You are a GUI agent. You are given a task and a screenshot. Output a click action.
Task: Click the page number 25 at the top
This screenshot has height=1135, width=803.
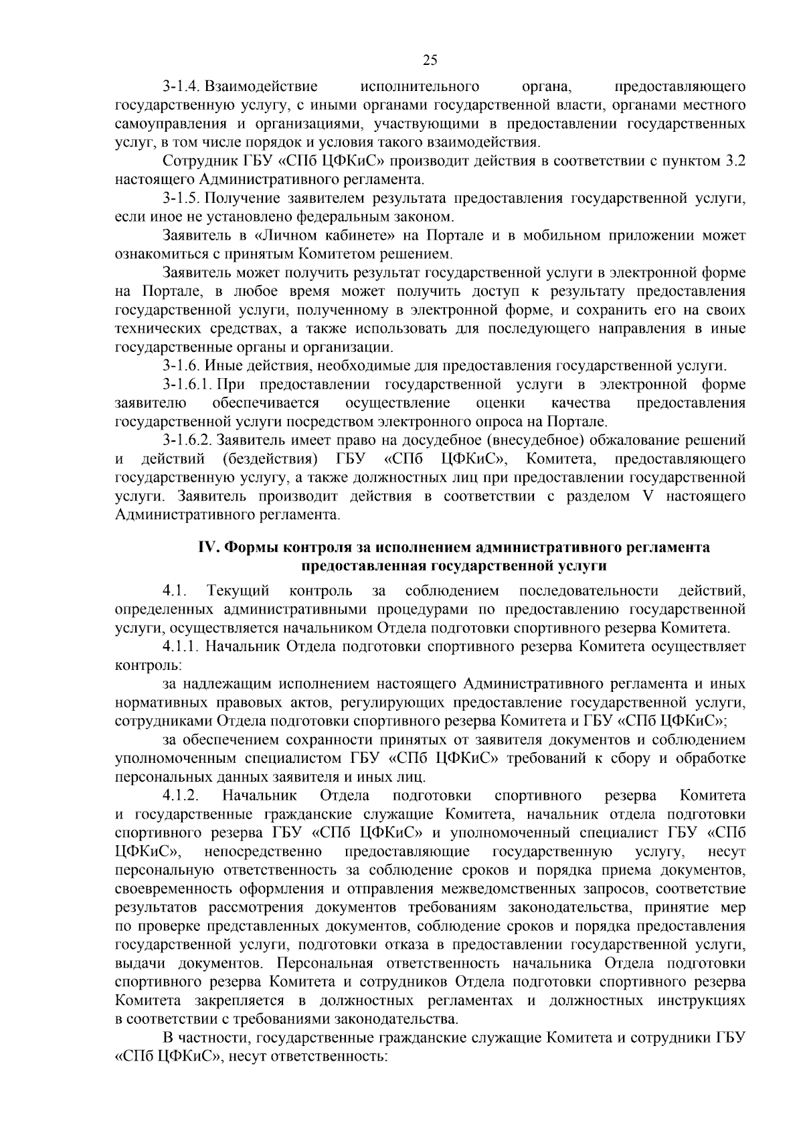[x=430, y=60]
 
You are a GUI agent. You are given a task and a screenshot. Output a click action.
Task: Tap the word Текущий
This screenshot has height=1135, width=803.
[x=238, y=591]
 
